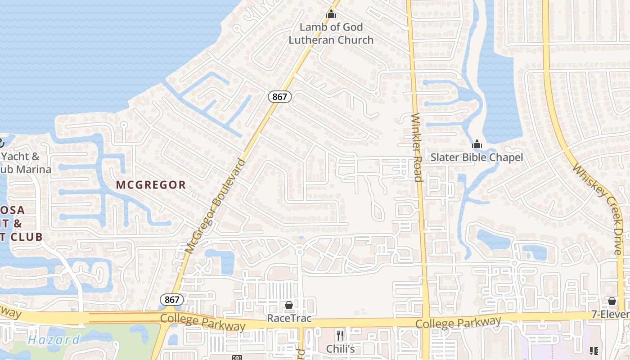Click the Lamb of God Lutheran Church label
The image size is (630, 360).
pyautogui.click(x=331, y=33)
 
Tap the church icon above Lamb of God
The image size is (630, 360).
pyautogui.click(x=331, y=14)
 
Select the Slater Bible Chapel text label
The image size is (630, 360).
pyautogui.click(x=477, y=157)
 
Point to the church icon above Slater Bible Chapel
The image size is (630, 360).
pyautogui.click(x=477, y=144)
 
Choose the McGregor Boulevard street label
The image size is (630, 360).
pyautogui.click(x=216, y=206)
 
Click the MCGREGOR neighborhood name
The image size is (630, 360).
pyautogui.click(x=151, y=184)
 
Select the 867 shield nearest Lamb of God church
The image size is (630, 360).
pyautogui.click(x=280, y=96)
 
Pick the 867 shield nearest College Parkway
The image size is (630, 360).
pyautogui.click(x=171, y=300)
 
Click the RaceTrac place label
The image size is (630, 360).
pyautogui.click(x=289, y=318)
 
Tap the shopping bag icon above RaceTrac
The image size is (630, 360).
pyautogui.click(x=289, y=305)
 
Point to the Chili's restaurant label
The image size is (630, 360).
pyautogui.click(x=340, y=349)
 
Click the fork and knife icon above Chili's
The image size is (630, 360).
pyautogui.click(x=340, y=335)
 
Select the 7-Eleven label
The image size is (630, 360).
pyautogui.click(x=612, y=314)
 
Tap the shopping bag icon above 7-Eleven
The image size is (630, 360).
pyautogui.click(x=612, y=301)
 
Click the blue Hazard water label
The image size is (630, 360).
pyautogui.click(x=54, y=340)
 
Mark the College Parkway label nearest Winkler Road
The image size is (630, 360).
pyautogui.click(x=458, y=323)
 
